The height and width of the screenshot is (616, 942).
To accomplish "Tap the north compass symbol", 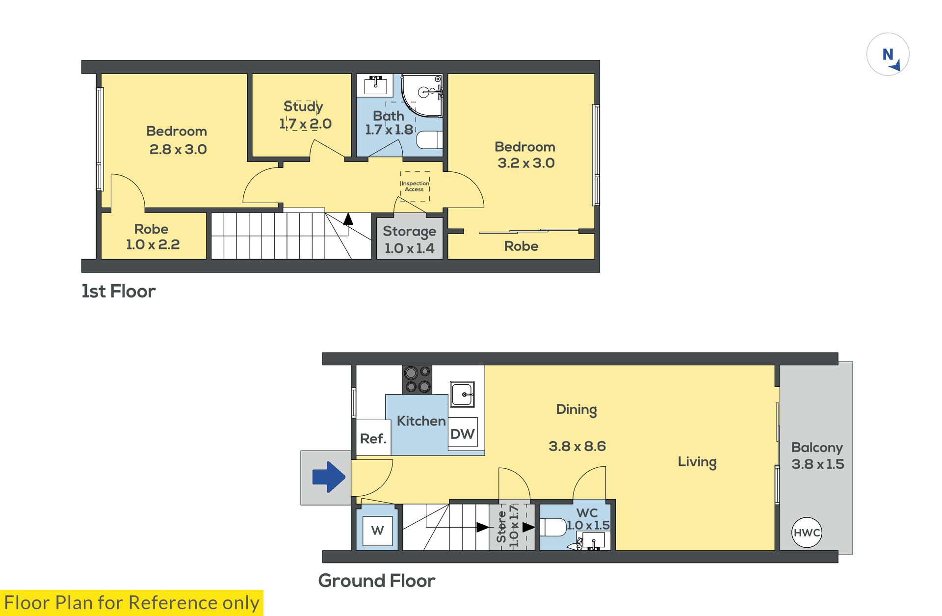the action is (888, 54).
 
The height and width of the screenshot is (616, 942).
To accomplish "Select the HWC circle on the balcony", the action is (807, 533).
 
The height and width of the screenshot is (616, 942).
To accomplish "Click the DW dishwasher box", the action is (463, 432).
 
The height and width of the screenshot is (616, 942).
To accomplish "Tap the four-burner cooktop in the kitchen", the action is (418, 379).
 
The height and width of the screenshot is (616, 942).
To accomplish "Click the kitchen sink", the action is (463, 394).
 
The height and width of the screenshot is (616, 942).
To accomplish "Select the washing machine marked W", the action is (377, 531).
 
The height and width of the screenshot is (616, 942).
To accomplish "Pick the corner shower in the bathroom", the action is (422, 96).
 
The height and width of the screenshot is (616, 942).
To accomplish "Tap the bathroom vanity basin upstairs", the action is (375, 85).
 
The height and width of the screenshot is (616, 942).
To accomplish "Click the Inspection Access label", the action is (415, 187).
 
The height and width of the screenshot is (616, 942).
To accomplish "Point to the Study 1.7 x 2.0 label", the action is (305, 115).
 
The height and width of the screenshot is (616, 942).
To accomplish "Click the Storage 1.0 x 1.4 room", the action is (410, 238).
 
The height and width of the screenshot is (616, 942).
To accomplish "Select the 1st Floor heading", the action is (118, 291).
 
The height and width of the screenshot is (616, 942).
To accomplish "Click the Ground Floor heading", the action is (377, 581).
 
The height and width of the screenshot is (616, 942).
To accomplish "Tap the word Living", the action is (697, 462).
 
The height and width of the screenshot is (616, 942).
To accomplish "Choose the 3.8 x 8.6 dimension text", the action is (577, 446).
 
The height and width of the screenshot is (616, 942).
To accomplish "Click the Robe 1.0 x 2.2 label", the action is (153, 237).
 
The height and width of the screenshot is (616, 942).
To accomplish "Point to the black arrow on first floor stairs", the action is (348, 219).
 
